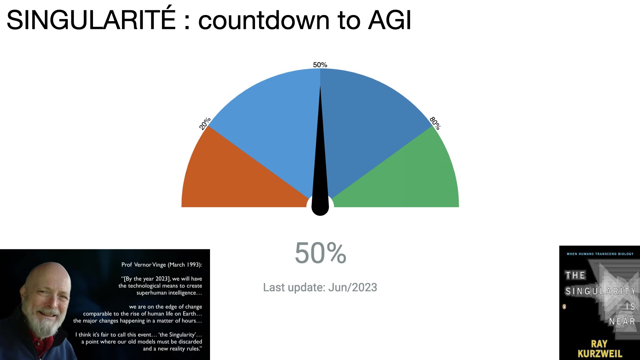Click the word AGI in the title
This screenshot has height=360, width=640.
pos(390,20)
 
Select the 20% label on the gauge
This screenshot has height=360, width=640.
pos(205,123)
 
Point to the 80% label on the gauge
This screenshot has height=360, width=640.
pos(435,123)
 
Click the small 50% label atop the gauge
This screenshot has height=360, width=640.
pos(320,65)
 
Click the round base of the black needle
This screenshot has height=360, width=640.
pos(320,207)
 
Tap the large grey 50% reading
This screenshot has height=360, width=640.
pos(320,253)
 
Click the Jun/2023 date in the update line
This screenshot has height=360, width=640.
pos(353,287)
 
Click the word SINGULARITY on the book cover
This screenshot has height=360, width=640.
pos(600,291)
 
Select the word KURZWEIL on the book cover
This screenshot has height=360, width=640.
pos(600,354)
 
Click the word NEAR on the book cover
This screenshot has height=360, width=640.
pos(622,321)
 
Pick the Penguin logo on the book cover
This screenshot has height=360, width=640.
pos(564,307)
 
